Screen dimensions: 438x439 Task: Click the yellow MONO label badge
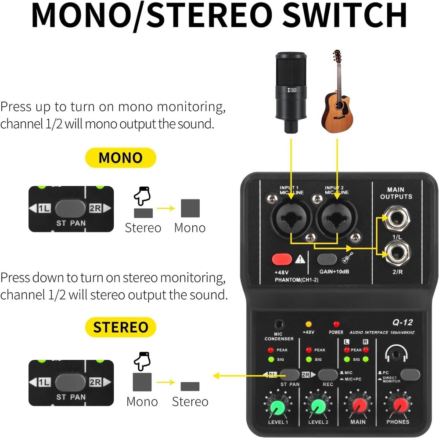pos(120,158)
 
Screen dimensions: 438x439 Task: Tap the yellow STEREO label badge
pos(120,327)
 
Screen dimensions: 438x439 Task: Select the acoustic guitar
pos(337,92)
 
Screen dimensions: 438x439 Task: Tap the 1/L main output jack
pos(397,218)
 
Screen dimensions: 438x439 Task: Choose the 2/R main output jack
pos(397,253)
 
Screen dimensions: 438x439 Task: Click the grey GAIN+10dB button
pos(327,259)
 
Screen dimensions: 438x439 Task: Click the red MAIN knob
pos(358,406)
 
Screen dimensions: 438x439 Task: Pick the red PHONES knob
pos(399,406)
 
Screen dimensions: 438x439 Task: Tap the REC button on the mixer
pos(327,374)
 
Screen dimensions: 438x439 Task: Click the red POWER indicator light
pos(336,324)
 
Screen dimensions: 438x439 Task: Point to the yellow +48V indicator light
pos(309,324)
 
